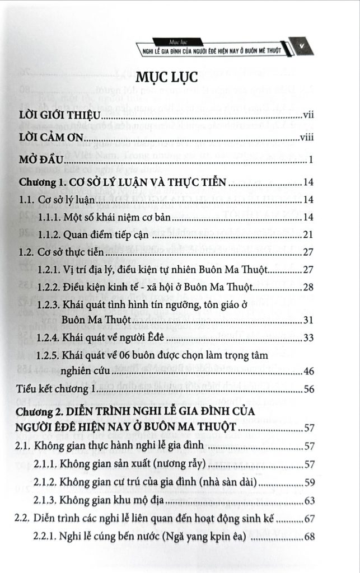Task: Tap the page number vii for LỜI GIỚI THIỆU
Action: click(x=307, y=116)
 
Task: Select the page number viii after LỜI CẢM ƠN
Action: click(x=305, y=138)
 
